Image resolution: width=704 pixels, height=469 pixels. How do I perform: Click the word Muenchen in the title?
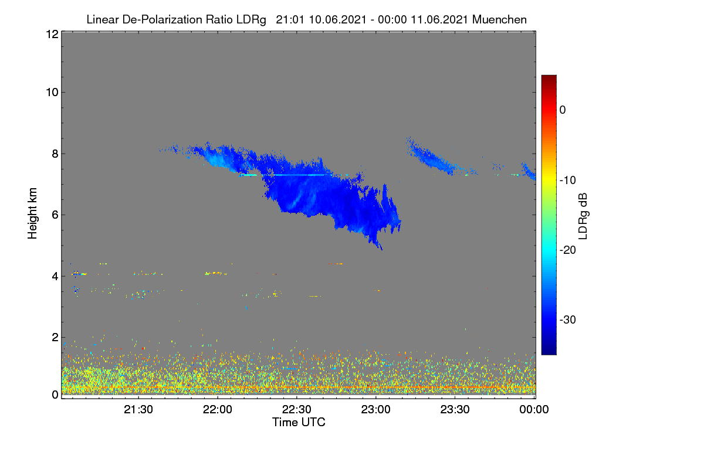click(x=499, y=19)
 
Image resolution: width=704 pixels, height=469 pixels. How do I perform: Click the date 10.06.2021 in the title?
click(x=337, y=19)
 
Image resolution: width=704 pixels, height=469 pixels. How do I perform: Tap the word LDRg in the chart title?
click(x=251, y=20)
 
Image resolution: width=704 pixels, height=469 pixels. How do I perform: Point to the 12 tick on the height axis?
click(x=53, y=34)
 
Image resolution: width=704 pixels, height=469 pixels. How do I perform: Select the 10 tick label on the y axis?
click(x=52, y=93)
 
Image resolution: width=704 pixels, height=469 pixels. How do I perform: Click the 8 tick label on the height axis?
click(x=55, y=154)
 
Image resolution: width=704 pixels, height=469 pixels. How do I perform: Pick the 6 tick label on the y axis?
click(x=55, y=215)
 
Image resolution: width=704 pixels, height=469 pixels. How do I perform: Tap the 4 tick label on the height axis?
click(x=55, y=276)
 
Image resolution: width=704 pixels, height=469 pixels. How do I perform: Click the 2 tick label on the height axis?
click(x=55, y=337)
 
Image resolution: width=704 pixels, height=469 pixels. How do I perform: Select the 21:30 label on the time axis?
click(x=138, y=409)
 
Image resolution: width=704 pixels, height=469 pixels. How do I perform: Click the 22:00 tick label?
click(x=218, y=409)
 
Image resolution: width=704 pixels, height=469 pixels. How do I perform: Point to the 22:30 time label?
click(x=297, y=409)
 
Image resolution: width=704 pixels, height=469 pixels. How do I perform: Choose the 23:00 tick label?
click(x=376, y=409)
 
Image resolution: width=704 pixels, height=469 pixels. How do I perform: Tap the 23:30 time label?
click(x=455, y=409)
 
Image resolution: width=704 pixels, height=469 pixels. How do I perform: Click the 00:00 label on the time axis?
click(x=534, y=409)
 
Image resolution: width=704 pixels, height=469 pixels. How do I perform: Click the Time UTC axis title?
click(x=299, y=422)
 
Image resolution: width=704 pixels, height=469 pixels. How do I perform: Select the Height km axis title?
click(x=32, y=213)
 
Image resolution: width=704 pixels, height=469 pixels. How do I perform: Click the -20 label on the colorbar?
click(x=568, y=250)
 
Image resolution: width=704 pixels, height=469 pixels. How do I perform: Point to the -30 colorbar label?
click(x=568, y=320)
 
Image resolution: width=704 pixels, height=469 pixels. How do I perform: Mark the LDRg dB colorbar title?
click(x=583, y=216)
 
